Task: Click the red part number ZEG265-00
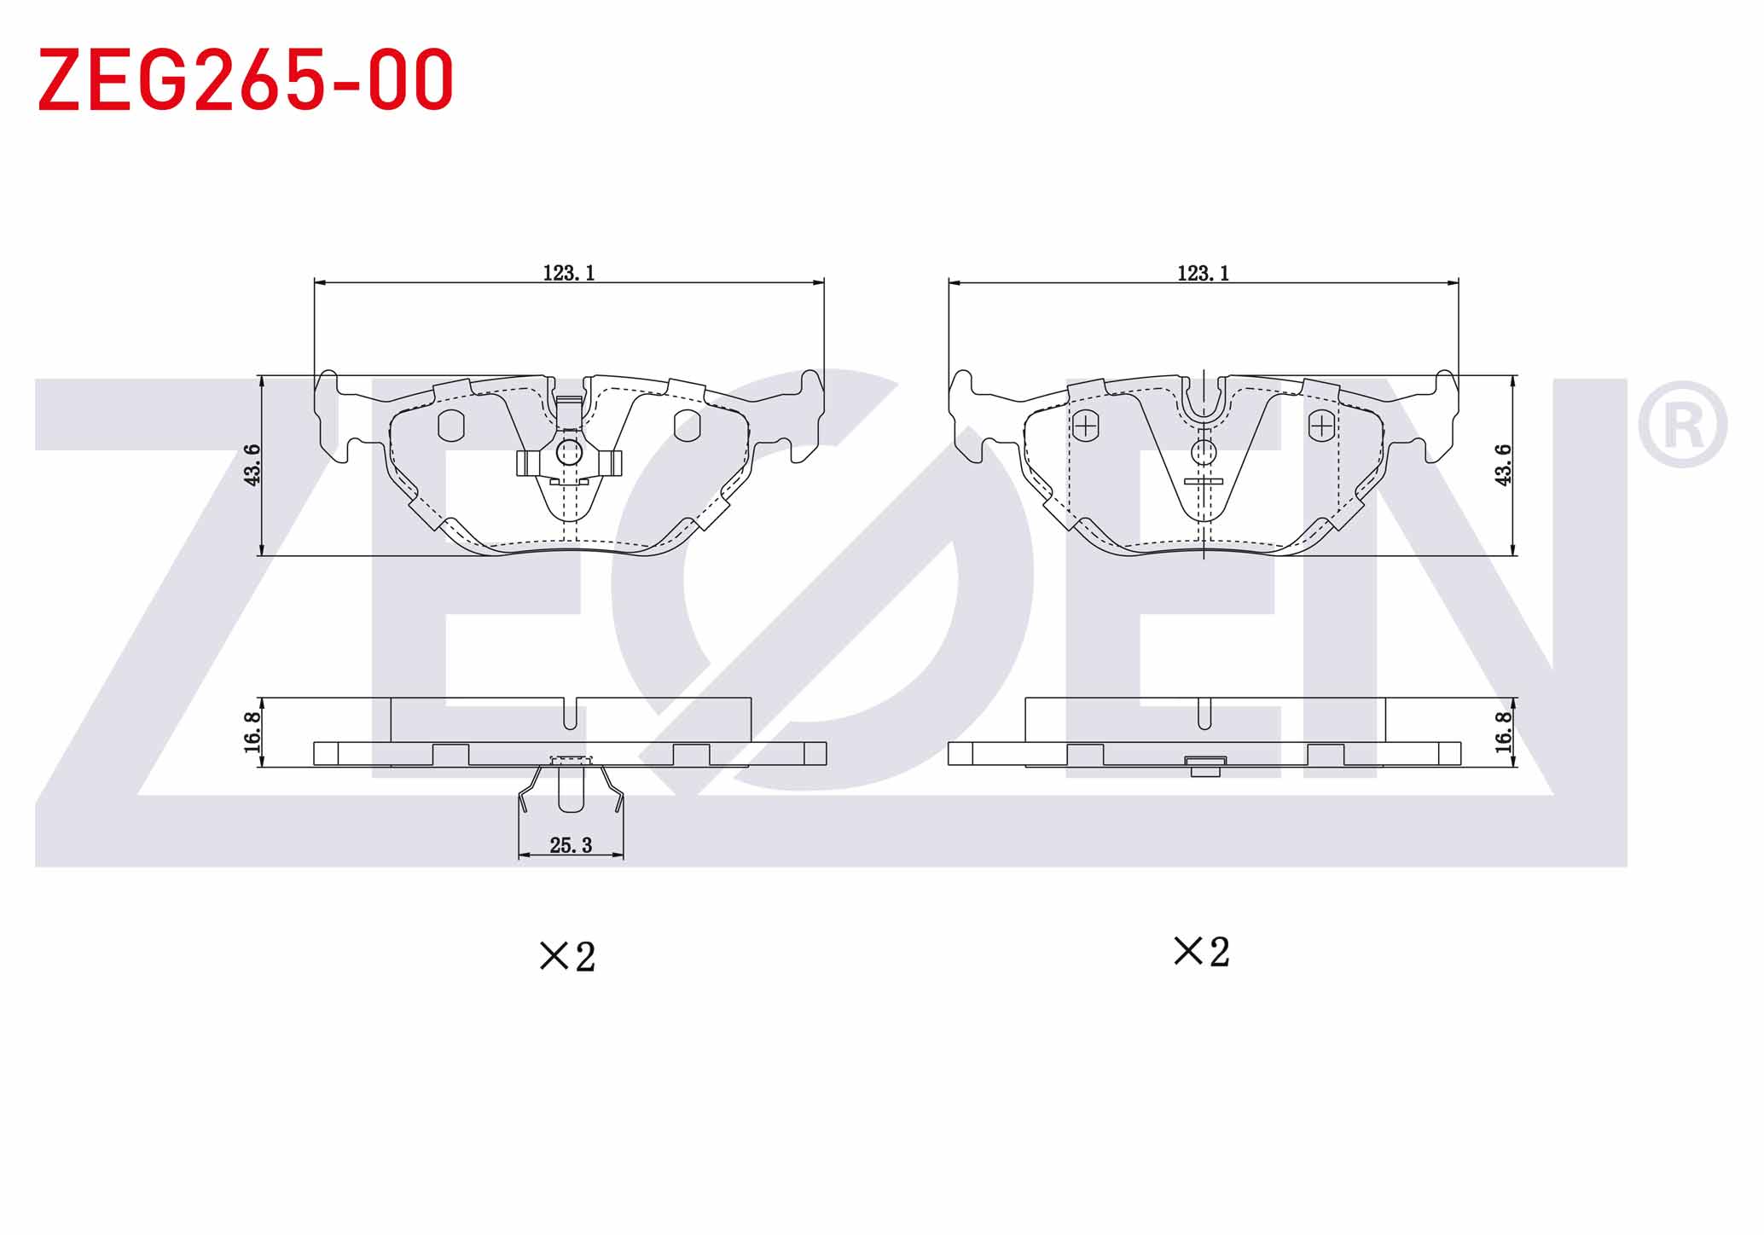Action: point(246,79)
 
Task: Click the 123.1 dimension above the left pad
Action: point(569,273)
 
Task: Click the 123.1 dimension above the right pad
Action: point(1203,273)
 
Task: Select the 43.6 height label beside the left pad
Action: point(252,465)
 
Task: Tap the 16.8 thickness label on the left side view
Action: point(252,732)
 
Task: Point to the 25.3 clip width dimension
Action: point(571,845)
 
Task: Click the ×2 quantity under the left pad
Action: point(567,956)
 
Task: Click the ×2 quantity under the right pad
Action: point(1202,952)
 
